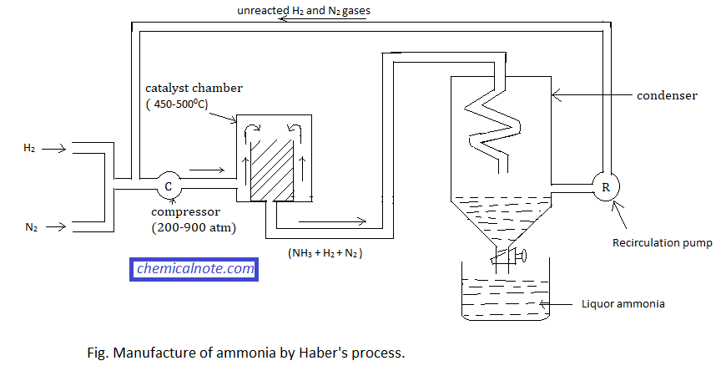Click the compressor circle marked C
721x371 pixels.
169,185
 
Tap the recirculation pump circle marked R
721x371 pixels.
606,186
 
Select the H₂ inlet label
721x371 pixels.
29,148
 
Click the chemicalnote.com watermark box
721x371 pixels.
194,269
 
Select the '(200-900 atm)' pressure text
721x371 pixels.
189,226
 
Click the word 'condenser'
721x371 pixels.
667,96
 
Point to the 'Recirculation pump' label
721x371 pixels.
663,244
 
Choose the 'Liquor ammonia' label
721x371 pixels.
623,303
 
